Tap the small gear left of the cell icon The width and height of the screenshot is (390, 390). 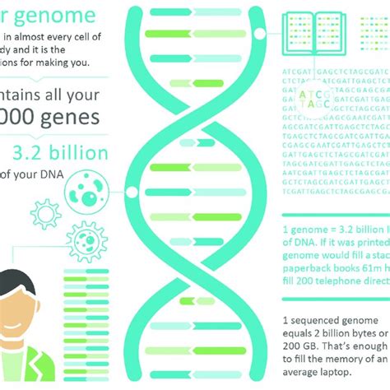[x=44, y=214]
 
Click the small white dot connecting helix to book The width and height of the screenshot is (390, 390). [x=260, y=34]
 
